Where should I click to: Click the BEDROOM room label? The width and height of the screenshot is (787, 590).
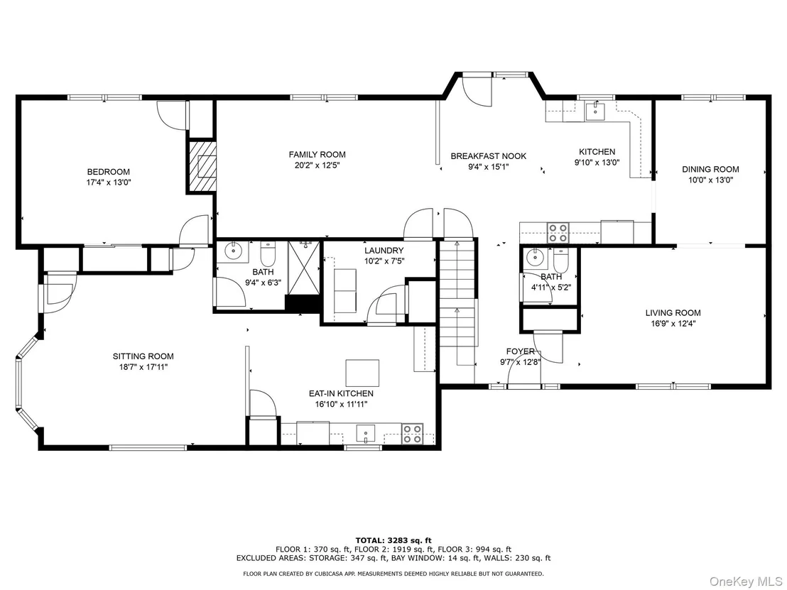(x=109, y=172)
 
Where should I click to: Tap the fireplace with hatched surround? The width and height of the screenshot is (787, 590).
(x=202, y=165)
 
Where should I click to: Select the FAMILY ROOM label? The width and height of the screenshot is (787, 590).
(x=317, y=155)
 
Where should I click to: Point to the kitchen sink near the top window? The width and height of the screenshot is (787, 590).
(x=595, y=111)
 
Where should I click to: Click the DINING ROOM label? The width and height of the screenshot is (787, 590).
(x=710, y=170)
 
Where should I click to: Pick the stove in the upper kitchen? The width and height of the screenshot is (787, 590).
(x=558, y=233)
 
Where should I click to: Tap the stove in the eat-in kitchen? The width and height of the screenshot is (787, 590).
(x=412, y=434)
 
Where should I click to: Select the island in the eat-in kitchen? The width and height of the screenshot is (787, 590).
(x=362, y=373)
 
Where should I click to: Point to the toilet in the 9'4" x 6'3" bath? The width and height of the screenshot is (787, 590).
(x=268, y=254)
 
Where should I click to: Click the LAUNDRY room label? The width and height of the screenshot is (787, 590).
(x=384, y=251)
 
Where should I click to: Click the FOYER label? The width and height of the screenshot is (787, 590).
(x=521, y=351)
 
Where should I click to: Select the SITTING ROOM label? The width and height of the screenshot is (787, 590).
(x=143, y=356)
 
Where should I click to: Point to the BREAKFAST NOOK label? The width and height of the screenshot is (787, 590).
(x=489, y=156)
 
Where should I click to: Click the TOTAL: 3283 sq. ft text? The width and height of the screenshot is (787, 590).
(x=393, y=540)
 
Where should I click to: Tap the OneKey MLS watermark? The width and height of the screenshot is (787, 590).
(x=747, y=581)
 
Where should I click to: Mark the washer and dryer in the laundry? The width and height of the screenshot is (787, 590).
(x=344, y=290)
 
